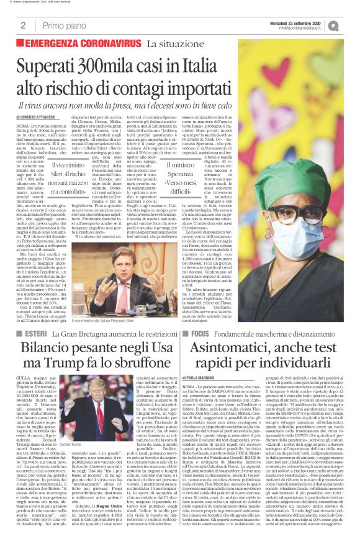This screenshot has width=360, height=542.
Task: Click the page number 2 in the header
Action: [23, 25]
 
